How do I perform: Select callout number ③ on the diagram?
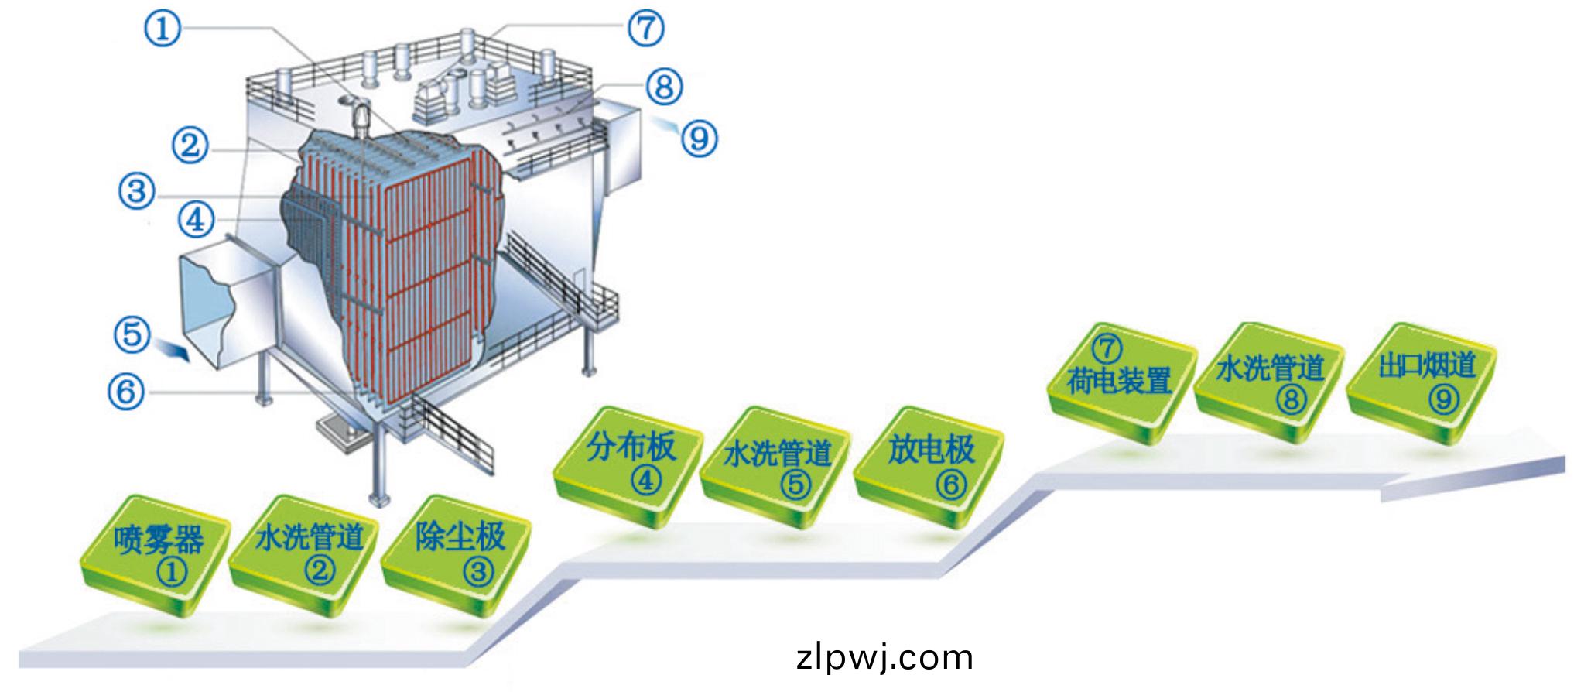[x=137, y=190]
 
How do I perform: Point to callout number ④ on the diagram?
[x=196, y=221]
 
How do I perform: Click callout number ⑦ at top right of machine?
[x=645, y=28]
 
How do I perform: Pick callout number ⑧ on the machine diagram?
[x=664, y=87]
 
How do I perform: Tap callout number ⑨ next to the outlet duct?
[x=699, y=139]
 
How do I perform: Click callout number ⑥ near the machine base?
[x=126, y=391]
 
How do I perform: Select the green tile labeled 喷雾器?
[x=157, y=556]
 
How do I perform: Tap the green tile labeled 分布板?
[x=629, y=464]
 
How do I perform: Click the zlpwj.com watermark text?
[x=884, y=658]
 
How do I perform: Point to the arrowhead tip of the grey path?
[x=1565, y=464]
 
